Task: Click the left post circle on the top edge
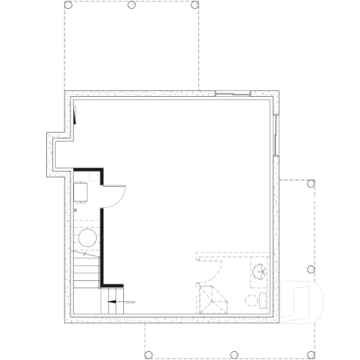pos(67,5)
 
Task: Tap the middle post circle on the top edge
pos(131,5)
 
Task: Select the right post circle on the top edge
pos(195,5)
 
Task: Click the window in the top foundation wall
pos(233,93)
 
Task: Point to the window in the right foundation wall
pos(276,136)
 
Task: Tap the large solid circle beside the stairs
pos(87,238)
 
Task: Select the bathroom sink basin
pos(260,273)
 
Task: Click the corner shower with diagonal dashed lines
pos(211,300)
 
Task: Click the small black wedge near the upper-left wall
pos(75,114)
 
